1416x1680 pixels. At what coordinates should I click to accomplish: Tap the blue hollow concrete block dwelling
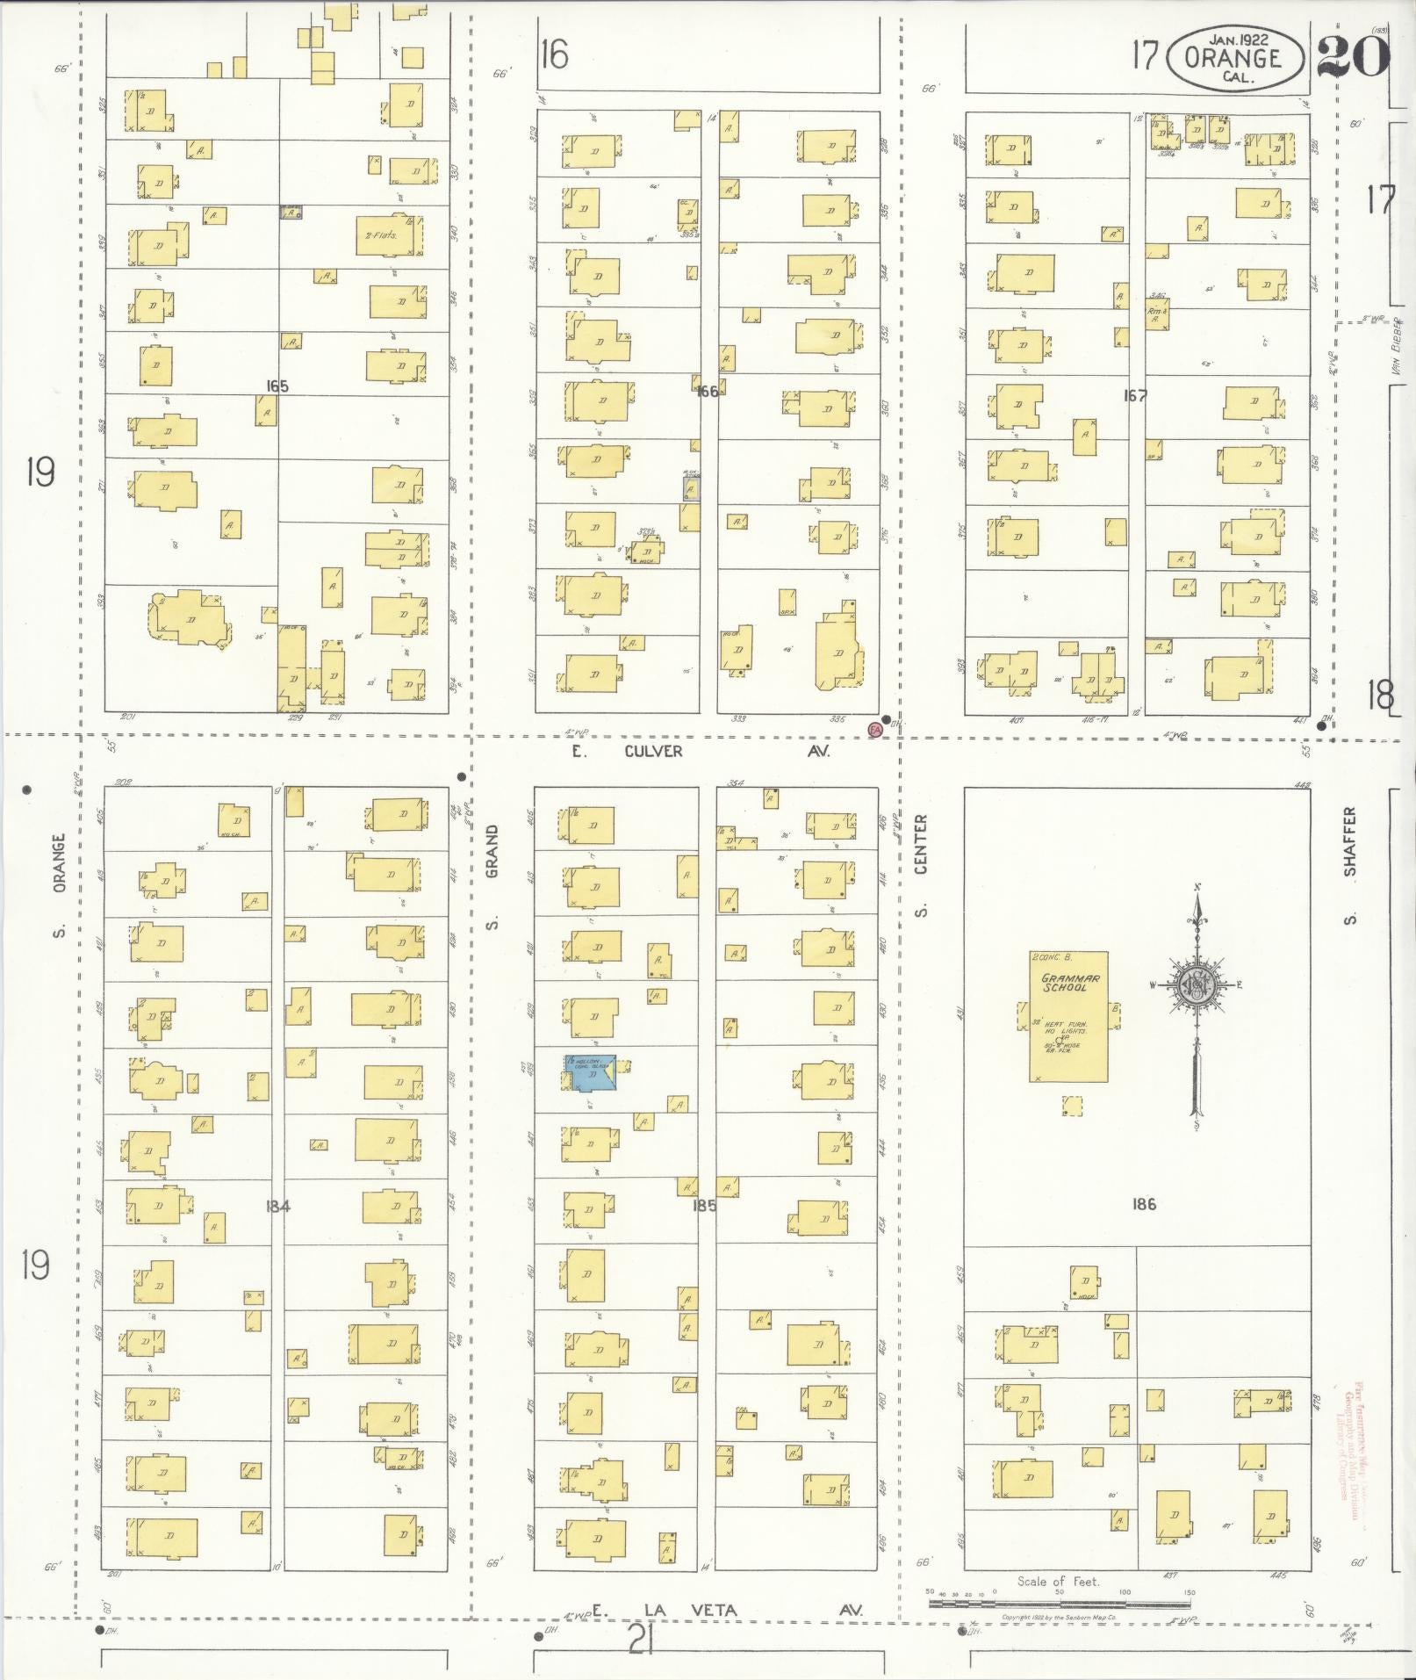592,1073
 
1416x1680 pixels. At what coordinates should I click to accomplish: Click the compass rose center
1195,984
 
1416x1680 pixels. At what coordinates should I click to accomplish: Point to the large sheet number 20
1353,56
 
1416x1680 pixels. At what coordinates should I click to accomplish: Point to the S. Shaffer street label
1350,865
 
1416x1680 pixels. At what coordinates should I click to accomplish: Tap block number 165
277,386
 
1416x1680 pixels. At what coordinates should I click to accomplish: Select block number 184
277,1206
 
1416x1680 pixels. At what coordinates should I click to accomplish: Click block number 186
1144,1203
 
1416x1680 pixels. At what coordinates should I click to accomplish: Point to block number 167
1135,395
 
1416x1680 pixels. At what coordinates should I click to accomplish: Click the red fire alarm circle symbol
873,730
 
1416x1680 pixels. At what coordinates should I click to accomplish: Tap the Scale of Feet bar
1058,1603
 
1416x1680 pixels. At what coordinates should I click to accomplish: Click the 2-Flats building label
381,235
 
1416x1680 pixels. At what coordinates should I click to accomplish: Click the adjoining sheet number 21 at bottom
642,1639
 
